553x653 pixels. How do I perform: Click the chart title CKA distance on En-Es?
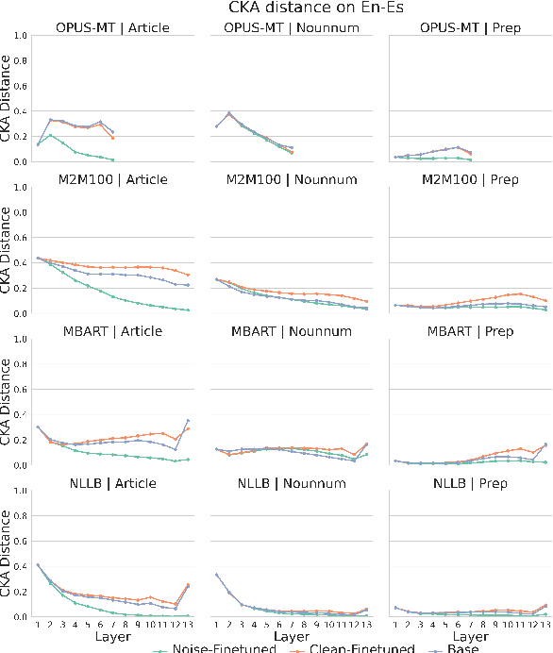pos(276,8)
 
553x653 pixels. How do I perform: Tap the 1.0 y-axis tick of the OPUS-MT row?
pos(21,36)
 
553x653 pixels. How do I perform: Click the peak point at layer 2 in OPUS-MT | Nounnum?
pos(229,113)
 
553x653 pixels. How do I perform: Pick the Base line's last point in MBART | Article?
pos(189,420)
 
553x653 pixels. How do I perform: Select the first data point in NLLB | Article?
pos(38,564)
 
